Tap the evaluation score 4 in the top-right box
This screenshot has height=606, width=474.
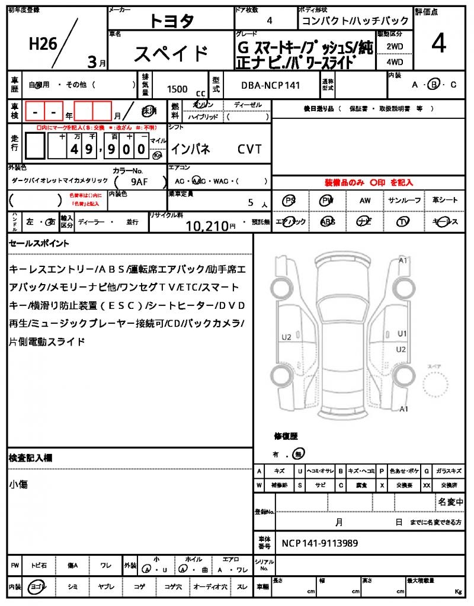point(438,43)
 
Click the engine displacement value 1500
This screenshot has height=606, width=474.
point(177,89)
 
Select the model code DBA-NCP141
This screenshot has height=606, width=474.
point(270,85)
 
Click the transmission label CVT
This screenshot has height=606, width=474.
point(249,150)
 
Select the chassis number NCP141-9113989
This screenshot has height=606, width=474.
point(320,543)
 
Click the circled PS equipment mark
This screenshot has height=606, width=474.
point(290,201)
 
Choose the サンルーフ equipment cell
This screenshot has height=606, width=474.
point(405,201)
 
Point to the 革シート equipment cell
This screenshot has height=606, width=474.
point(445,201)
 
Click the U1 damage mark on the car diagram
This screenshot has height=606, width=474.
point(402,333)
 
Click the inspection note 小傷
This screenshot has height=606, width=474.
point(18,485)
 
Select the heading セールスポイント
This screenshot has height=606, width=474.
point(39,243)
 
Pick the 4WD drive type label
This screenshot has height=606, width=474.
point(395,62)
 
